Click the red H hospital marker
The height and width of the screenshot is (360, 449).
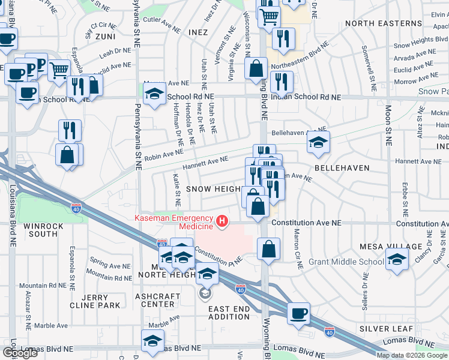point(223,222)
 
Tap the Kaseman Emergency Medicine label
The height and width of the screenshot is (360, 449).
point(173,222)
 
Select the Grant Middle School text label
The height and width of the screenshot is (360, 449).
point(346,262)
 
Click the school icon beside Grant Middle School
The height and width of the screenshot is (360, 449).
point(397,259)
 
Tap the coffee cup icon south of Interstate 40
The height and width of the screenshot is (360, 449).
point(298,313)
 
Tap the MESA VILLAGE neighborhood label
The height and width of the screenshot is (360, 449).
point(391,247)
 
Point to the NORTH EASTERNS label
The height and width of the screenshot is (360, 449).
point(384,23)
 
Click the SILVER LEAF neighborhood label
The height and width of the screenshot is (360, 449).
point(387,329)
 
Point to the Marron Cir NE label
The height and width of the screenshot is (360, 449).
point(295,245)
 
